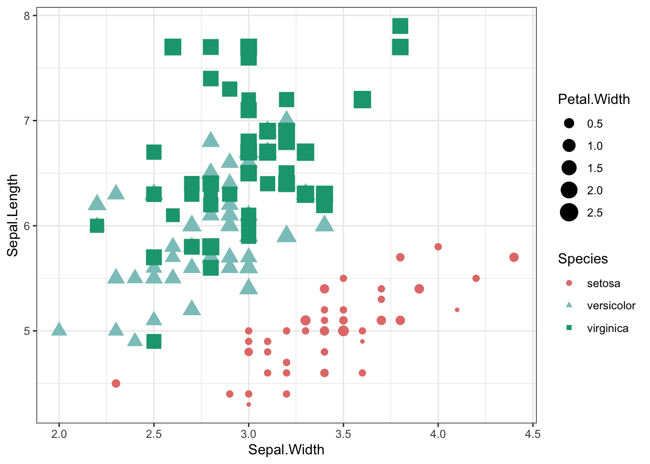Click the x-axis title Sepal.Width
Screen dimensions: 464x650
(286, 449)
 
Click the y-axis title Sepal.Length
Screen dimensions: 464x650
(13, 215)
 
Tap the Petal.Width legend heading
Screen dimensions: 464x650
(593, 99)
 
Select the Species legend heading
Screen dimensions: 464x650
(582, 259)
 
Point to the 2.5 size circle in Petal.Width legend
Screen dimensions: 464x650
(569, 212)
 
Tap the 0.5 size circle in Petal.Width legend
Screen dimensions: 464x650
(569, 123)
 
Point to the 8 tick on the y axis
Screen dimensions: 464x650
(27, 15)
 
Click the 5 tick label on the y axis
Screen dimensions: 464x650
(27, 331)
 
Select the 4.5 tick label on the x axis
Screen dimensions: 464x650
(532, 434)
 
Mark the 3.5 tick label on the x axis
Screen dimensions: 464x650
(343, 434)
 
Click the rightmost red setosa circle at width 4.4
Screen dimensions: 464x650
(514, 257)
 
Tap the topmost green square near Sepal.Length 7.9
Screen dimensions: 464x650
(400, 26)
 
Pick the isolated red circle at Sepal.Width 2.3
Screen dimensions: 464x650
(116, 383)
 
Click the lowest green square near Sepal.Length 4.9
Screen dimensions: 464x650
(154, 342)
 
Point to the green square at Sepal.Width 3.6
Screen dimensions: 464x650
(362, 100)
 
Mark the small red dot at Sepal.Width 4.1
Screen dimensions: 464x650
(457, 310)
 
